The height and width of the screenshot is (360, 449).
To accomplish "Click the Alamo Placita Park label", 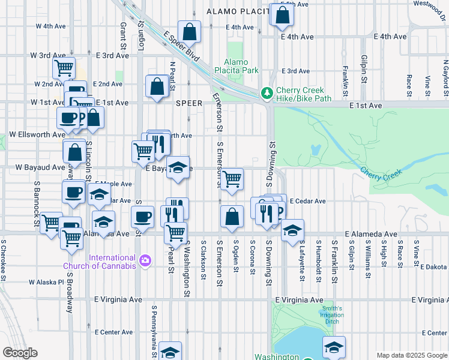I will coord(241,66).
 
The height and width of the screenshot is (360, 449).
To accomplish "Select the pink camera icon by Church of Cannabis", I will coord(145,260).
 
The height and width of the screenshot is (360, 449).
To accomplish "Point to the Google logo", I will coord(20,353).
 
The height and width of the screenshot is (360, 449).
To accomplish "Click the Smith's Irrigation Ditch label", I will coord(332,315).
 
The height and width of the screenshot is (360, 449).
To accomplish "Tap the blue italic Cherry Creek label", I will coord(379,171).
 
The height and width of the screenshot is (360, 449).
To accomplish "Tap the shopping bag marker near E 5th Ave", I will coord(282,14).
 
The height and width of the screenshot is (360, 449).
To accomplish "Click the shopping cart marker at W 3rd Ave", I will coord(64,67).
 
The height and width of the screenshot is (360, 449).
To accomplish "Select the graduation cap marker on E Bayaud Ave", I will coord(178,167).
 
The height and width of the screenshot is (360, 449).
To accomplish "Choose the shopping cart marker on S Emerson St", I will coord(232,178).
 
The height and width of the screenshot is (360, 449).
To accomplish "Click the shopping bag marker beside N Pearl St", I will coord(157,85).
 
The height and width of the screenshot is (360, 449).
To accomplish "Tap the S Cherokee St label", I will coord(4,262).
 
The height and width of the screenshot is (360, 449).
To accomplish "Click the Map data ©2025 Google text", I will coord(412,355).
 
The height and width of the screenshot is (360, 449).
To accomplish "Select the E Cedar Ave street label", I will coord(307,201).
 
